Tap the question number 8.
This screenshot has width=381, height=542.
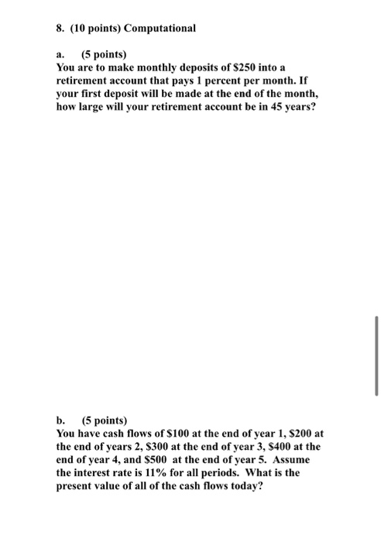pos(60,29)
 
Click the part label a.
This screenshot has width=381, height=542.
pos(61,56)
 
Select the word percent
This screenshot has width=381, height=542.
pos(235,81)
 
